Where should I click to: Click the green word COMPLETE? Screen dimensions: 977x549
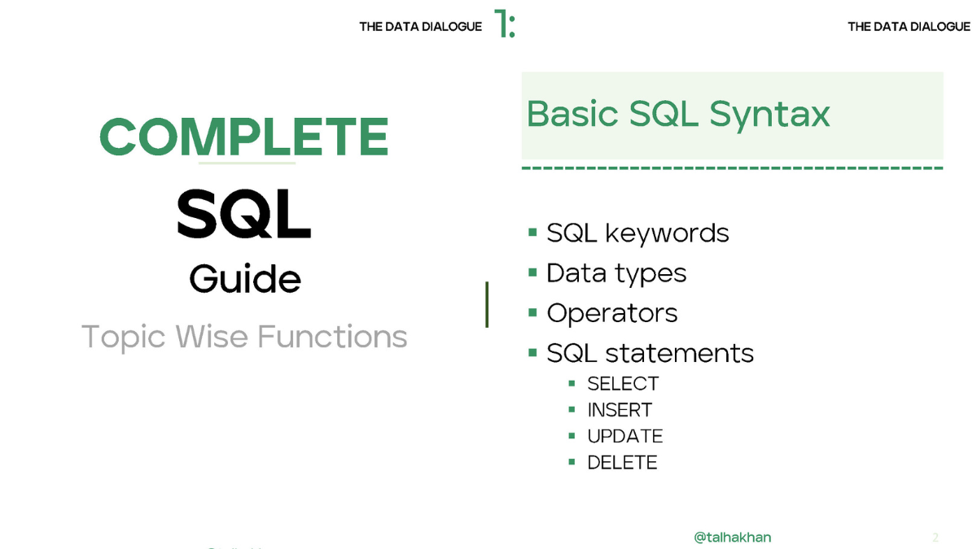[244, 137]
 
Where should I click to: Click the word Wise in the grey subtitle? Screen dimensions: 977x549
[212, 337]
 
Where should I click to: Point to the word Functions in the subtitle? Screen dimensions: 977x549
[332, 337]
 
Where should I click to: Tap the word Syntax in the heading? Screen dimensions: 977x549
[770, 115]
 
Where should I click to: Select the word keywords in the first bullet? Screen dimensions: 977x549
[668, 233]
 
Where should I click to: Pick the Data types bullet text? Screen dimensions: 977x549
[616, 274]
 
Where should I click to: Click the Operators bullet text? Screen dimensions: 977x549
[612, 313]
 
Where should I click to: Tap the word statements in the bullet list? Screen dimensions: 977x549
[680, 353]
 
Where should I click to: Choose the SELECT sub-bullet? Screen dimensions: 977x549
[623, 384]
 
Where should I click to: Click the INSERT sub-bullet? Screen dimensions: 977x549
[620, 410]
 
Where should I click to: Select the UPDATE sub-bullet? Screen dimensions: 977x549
[625, 436]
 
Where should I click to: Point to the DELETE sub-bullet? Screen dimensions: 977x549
[622, 462]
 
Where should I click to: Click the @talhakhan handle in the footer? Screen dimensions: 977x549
[732, 538]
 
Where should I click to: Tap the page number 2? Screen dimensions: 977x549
[935, 538]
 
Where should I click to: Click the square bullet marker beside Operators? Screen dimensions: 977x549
[532, 312]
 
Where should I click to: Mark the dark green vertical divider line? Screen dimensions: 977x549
[487, 304]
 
